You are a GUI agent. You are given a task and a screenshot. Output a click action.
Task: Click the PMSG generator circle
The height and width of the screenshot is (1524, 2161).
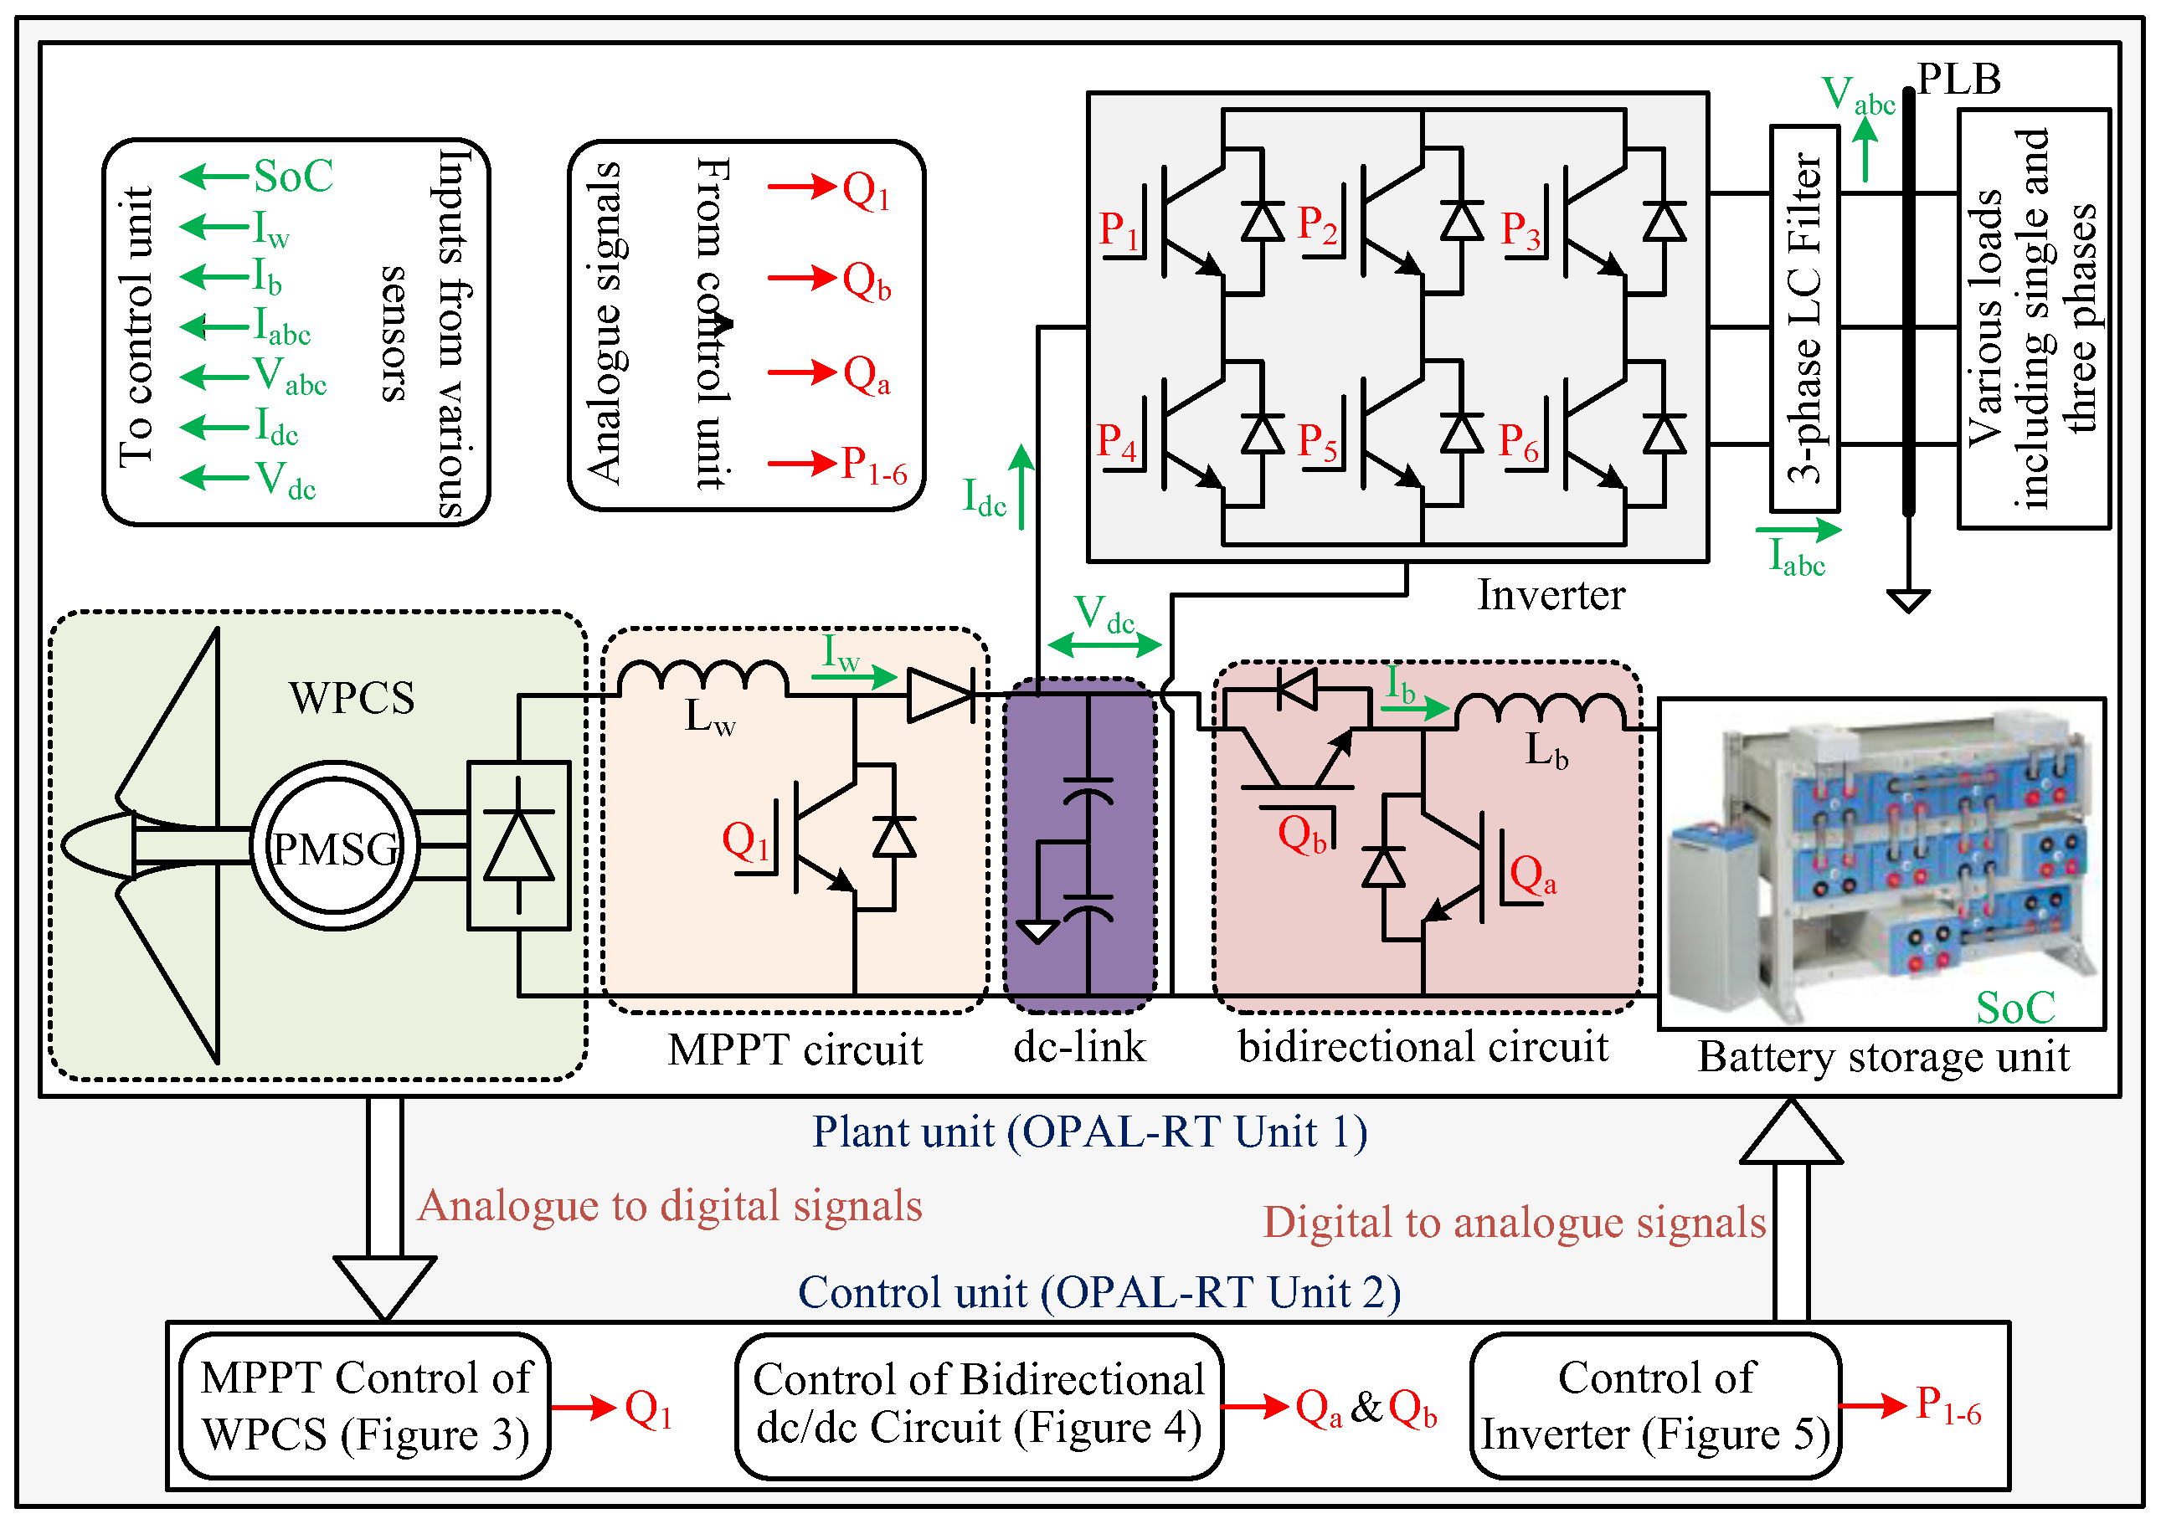[334, 847]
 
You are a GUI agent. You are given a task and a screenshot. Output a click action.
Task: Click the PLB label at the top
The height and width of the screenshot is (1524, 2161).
[1958, 79]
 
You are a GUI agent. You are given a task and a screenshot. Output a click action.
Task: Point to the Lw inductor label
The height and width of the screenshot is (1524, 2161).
[708, 719]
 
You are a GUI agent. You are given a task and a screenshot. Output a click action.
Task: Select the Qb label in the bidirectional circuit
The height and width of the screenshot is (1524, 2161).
[1302, 834]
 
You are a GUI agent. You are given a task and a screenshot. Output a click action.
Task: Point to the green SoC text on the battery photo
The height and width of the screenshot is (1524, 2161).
[2015, 1008]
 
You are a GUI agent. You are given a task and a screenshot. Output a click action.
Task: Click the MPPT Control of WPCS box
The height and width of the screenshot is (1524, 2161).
[365, 1405]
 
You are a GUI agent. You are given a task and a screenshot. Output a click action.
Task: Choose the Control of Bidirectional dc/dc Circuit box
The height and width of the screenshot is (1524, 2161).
[979, 1405]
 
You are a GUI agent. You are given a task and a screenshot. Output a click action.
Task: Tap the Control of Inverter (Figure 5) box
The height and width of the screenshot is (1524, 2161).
[1655, 1405]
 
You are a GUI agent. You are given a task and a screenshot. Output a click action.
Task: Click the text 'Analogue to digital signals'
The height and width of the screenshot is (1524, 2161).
[670, 1206]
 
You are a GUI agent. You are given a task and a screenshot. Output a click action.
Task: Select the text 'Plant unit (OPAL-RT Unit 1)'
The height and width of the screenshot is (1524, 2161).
[1089, 1131]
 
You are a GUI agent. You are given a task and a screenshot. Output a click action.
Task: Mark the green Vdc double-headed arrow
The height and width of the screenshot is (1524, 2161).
[1104, 645]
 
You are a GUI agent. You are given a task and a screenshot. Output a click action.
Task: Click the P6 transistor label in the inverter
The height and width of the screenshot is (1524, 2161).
[1518, 442]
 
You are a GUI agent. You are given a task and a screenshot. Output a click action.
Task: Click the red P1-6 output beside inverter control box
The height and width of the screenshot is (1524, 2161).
[1948, 1405]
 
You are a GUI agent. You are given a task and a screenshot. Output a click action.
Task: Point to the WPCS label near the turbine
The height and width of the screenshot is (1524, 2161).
[351, 698]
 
